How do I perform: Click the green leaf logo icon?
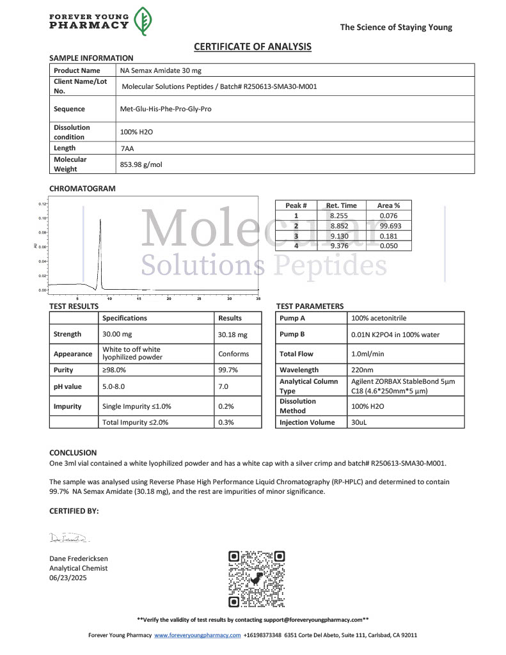tap(143, 22)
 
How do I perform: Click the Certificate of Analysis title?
tap(253, 47)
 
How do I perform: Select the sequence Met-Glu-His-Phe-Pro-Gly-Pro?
tap(166, 109)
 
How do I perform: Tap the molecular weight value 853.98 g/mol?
tap(141, 164)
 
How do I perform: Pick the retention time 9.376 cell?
tap(341, 246)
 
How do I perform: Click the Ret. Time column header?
tap(341, 205)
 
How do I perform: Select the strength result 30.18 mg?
tap(232, 335)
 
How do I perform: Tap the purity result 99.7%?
tap(228, 370)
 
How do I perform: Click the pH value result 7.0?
tap(223, 386)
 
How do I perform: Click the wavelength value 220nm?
tap(363, 370)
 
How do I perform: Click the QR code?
tap(257, 579)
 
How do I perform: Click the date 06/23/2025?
tap(68, 578)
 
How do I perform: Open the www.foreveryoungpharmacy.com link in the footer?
tap(197, 635)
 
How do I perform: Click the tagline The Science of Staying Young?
tap(395, 27)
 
